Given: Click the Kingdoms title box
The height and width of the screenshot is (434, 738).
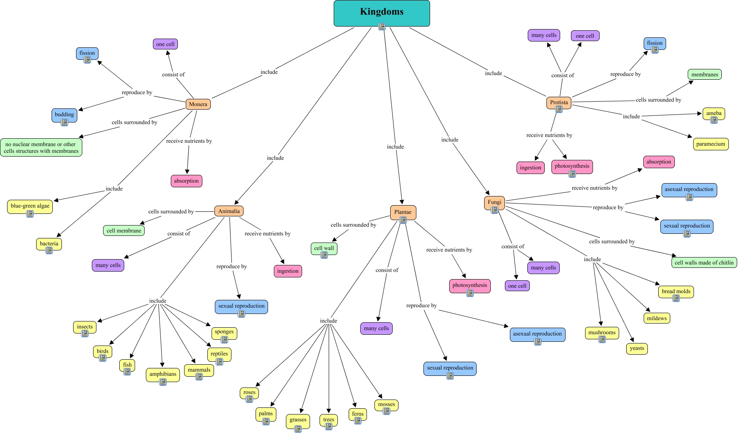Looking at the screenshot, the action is click(381, 13).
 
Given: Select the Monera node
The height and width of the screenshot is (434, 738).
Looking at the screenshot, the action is click(198, 104).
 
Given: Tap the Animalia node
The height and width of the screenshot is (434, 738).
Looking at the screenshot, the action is click(229, 211).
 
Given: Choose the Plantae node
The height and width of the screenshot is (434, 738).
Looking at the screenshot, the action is click(403, 213).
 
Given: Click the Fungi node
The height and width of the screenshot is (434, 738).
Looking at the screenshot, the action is click(494, 203).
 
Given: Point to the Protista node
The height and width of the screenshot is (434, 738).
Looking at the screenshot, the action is click(559, 103).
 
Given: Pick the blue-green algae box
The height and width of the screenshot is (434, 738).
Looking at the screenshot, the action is click(30, 207).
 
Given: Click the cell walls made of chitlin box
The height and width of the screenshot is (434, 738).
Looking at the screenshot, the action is click(704, 262).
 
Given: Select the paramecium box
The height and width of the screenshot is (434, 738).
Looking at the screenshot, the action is click(711, 144).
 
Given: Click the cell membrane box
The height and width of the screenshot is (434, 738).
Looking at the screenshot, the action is click(124, 230).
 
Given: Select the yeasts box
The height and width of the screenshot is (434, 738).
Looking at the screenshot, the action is click(637, 348).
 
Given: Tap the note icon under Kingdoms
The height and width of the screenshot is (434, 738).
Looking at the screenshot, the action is click(382, 27).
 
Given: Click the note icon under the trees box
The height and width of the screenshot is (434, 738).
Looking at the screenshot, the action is click(329, 426).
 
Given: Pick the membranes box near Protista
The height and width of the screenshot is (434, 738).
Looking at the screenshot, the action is click(705, 75).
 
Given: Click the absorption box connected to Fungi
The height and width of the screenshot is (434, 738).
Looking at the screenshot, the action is click(659, 162).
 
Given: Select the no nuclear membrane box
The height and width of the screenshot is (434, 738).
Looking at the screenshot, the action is click(41, 147).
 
